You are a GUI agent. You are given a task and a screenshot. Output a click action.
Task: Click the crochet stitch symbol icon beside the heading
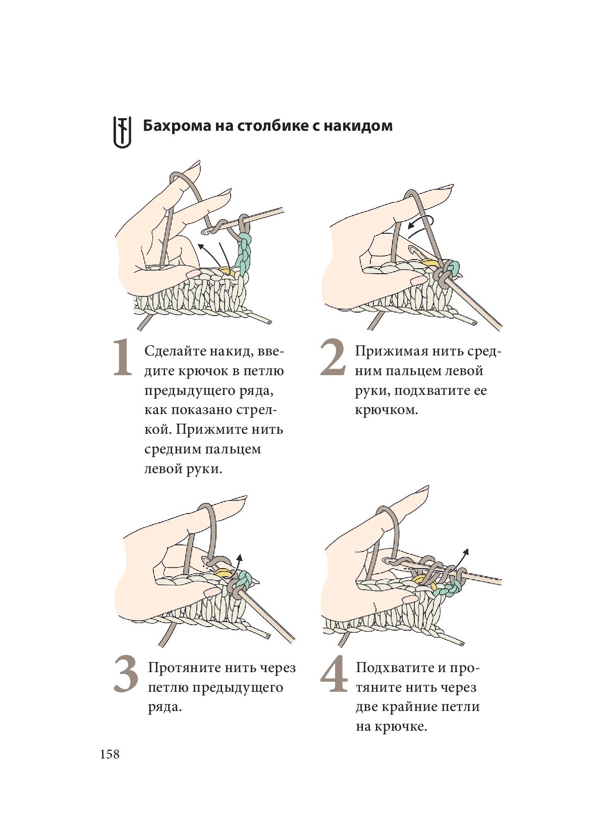[x=122, y=132]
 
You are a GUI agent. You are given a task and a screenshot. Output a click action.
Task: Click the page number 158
[x=110, y=754]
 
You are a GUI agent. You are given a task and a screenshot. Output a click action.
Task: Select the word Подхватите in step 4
[x=394, y=668]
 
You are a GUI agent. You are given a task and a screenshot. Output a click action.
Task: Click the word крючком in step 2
[x=386, y=410]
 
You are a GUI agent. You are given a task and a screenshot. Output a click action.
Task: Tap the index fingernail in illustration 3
[x=238, y=499]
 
